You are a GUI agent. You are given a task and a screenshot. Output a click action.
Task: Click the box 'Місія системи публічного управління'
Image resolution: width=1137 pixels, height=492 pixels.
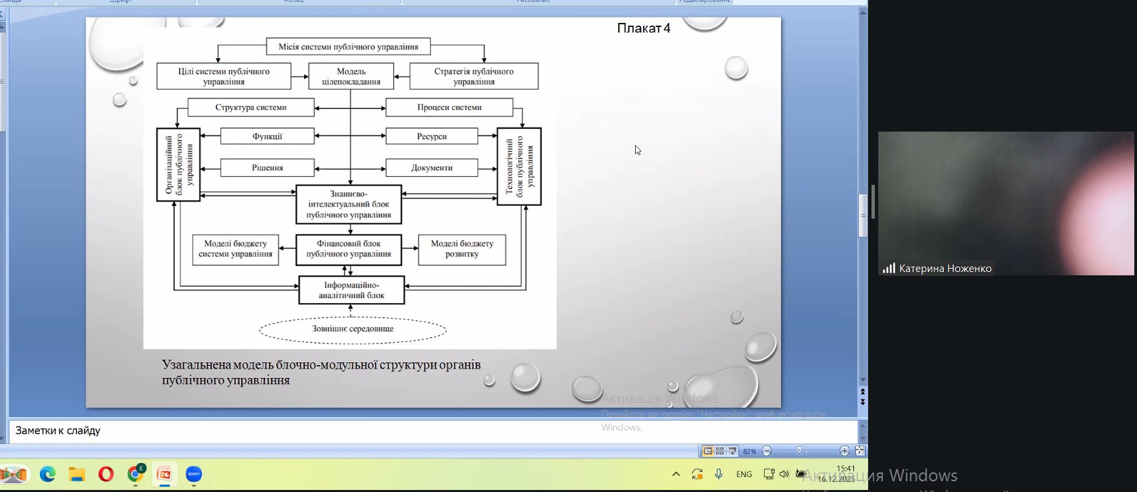coord(348,47)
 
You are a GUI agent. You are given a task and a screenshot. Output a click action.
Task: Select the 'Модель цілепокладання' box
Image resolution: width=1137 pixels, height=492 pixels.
coord(351,76)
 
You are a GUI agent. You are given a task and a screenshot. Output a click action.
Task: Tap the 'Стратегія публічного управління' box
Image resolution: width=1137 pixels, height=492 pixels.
coord(474,76)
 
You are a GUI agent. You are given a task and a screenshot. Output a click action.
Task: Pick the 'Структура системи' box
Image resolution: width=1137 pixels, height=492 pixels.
coord(251,107)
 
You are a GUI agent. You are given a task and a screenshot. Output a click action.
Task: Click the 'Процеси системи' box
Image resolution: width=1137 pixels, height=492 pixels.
coord(449,107)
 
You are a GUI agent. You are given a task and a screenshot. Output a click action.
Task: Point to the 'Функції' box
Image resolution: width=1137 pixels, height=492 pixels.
coord(267,136)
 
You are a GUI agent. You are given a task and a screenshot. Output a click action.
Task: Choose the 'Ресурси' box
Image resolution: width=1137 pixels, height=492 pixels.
coord(432,136)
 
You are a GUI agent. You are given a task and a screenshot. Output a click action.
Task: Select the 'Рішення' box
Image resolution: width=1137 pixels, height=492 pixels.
coord(267,167)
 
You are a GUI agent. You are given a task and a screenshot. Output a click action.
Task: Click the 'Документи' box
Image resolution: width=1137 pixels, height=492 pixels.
coord(432,167)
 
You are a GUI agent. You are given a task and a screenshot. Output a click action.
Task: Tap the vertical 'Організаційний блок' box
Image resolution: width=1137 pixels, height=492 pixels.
coord(178,165)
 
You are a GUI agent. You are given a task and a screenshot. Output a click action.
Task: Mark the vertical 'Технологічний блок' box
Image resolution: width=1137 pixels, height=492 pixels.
coord(519,166)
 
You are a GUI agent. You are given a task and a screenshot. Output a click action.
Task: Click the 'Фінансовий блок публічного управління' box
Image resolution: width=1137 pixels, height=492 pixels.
coord(349,249)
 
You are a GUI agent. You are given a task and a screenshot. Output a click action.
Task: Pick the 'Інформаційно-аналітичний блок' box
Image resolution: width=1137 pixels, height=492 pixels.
coord(351,290)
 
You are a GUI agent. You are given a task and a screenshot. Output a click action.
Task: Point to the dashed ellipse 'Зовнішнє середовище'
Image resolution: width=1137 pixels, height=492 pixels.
coord(353,329)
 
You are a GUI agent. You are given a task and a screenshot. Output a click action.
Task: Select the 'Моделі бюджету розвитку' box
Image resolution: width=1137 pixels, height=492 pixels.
coord(462,249)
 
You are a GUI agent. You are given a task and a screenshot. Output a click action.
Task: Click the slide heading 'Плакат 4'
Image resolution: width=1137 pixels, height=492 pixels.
coord(643,28)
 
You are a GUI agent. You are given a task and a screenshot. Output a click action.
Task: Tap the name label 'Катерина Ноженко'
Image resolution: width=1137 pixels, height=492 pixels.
coord(944,269)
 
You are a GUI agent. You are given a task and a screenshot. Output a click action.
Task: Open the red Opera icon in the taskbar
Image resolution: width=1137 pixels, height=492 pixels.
coord(106,474)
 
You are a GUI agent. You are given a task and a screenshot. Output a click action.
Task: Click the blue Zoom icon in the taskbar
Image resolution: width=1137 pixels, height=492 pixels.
coord(194,474)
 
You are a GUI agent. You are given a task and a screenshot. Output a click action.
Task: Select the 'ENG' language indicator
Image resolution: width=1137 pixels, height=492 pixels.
coord(744,474)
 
